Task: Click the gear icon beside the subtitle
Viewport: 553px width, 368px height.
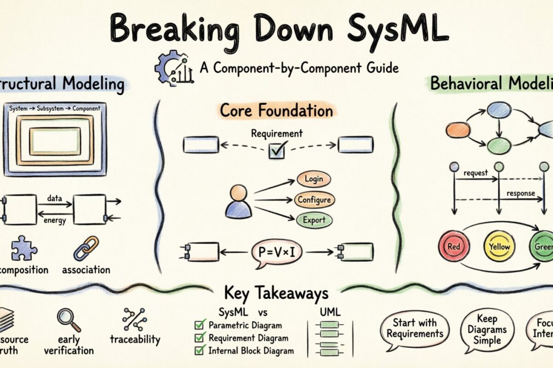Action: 167,69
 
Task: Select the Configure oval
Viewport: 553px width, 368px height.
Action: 314,200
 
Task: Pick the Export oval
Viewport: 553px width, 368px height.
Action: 314,220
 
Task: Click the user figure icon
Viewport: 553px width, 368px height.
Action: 239,201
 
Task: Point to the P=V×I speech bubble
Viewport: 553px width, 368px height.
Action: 277,253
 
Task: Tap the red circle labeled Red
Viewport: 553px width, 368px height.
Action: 453,247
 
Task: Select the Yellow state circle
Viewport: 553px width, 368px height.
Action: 499,246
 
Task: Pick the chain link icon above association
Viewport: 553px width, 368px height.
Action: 86,248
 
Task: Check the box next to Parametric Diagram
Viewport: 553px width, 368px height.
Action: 200,325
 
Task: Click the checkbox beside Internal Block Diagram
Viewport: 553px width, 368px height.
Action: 200,351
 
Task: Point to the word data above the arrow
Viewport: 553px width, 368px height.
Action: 55,198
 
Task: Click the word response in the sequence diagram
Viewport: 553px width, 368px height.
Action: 520,193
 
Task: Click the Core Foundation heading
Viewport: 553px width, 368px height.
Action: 276,111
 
